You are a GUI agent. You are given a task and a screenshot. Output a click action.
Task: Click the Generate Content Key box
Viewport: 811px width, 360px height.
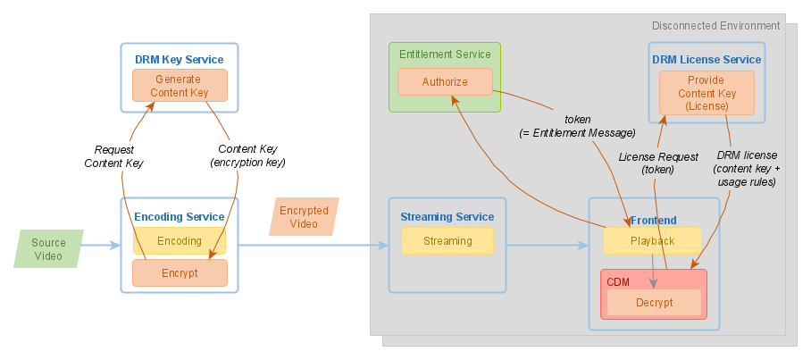(180, 85)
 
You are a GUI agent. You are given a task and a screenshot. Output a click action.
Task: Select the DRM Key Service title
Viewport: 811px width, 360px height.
(180, 60)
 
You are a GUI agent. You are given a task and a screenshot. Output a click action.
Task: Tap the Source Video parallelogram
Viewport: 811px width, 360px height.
(48, 249)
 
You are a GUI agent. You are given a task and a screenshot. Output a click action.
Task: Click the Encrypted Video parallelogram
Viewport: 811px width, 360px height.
(304, 217)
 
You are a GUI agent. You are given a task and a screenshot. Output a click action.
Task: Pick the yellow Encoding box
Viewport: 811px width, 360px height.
(180, 241)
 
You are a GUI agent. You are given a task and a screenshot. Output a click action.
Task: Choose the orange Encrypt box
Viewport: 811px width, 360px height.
(180, 273)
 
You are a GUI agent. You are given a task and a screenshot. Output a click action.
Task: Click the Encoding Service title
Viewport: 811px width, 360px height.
(180, 216)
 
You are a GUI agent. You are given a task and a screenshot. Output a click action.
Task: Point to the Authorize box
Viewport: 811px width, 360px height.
(445, 82)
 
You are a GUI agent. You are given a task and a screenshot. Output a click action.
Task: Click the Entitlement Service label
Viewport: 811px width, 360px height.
(445, 54)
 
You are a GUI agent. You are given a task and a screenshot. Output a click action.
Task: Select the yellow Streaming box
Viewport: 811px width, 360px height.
(447, 241)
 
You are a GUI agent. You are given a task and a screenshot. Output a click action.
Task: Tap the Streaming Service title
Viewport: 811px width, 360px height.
(447, 216)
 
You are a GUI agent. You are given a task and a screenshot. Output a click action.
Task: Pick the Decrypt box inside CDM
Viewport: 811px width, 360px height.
(654, 303)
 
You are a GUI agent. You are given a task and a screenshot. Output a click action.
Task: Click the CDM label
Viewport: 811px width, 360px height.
(618, 281)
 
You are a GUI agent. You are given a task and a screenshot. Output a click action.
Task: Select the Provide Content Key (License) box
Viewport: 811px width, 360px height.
(706, 93)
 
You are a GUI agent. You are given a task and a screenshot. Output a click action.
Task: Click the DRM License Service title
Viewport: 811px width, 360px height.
(706, 60)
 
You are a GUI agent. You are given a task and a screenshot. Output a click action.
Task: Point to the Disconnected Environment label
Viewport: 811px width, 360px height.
(715, 26)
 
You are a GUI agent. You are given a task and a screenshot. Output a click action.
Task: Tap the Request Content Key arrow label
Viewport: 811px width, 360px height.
(113, 156)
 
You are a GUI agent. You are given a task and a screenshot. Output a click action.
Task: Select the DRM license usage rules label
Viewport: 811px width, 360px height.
(747, 168)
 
